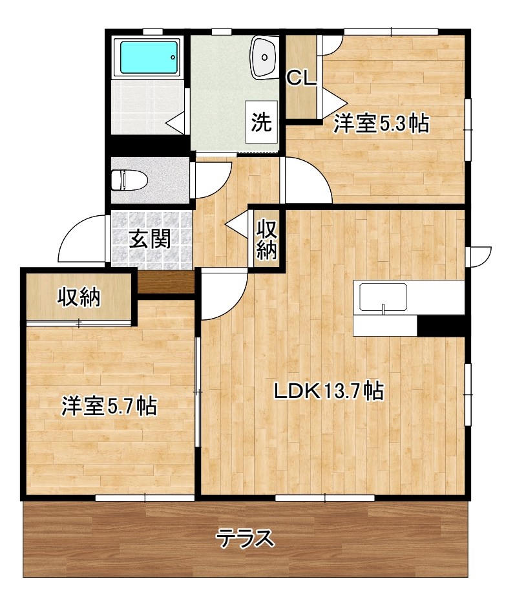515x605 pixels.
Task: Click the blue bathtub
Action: click(x=147, y=57)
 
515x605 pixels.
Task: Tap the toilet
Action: click(x=126, y=179)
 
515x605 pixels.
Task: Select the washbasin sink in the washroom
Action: click(x=265, y=56)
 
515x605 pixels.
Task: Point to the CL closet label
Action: click(x=300, y=79)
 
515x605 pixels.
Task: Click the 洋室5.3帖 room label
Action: click(x=381, y=123)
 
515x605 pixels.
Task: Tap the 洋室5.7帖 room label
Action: click(x=109, y=406)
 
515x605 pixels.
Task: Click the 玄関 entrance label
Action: click(x=151, y=239)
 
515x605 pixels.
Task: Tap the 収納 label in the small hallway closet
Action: click(x=266, y=239)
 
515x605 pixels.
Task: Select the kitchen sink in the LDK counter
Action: click(x=383, y=299)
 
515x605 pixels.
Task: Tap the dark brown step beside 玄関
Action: click(x=166, y=282)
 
